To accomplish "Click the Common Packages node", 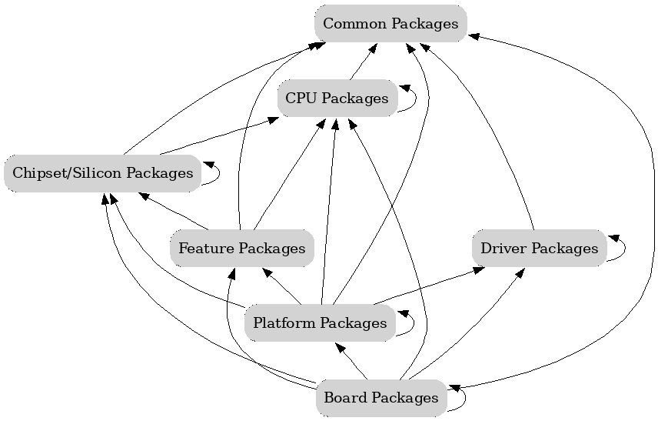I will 390,24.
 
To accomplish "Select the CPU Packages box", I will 337,99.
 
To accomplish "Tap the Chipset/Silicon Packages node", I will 102,173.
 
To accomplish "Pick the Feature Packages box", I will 241,249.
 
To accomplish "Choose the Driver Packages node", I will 539,249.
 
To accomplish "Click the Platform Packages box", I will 319,323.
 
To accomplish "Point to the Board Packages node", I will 381,398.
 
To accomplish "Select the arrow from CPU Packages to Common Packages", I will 363,62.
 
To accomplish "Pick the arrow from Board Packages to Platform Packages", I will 351,361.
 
